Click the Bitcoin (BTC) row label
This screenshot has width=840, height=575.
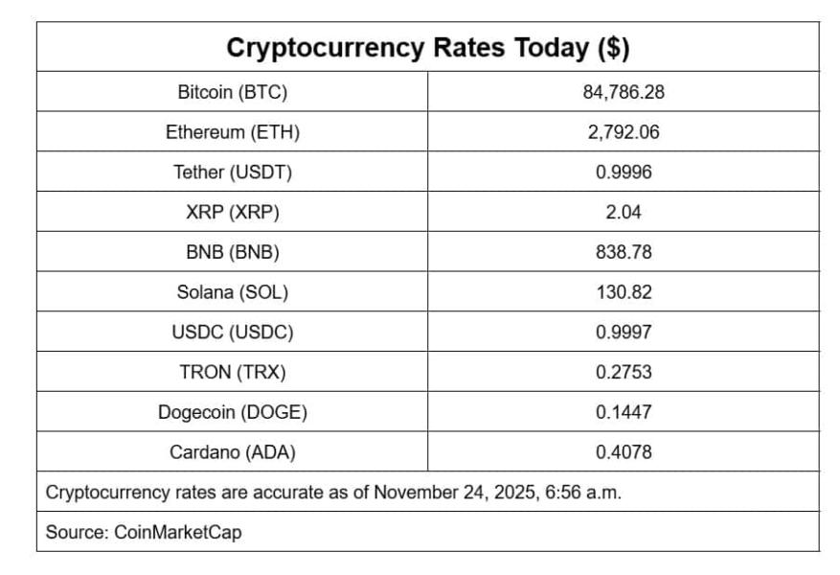233,93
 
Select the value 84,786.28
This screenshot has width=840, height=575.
624,93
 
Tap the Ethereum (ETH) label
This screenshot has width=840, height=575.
233,133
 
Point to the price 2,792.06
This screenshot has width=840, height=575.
624,133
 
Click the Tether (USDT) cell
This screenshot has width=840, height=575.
233,172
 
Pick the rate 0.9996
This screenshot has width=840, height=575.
624,172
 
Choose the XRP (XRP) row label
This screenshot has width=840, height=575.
233,213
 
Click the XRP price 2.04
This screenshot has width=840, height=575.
624,213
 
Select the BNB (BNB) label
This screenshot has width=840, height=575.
233,253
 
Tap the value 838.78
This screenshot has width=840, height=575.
624,253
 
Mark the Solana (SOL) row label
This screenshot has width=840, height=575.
233,292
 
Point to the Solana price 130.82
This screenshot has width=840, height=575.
624,292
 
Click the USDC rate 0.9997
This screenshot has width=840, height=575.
624,333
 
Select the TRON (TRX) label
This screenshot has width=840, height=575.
233,372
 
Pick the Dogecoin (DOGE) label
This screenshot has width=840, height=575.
233,412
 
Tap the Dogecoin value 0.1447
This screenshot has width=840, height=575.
624,412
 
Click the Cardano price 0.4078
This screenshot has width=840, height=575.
624,452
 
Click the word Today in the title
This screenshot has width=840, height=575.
543,47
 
